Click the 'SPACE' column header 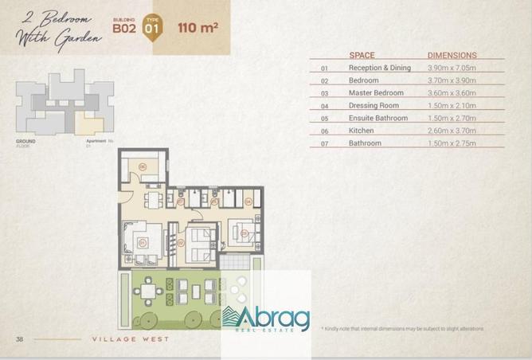coord(362,56)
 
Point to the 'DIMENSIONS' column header coord(452,56)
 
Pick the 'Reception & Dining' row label coord(379,68)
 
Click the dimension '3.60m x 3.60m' coord(452,93)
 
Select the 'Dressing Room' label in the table coord(372,105)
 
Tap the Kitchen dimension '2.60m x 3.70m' coord(452,131)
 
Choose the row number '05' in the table coord(324,119)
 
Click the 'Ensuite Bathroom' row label coord(377,118)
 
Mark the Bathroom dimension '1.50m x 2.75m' coord(452,143)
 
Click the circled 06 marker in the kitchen coord(142,166)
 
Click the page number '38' coord(19,340)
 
